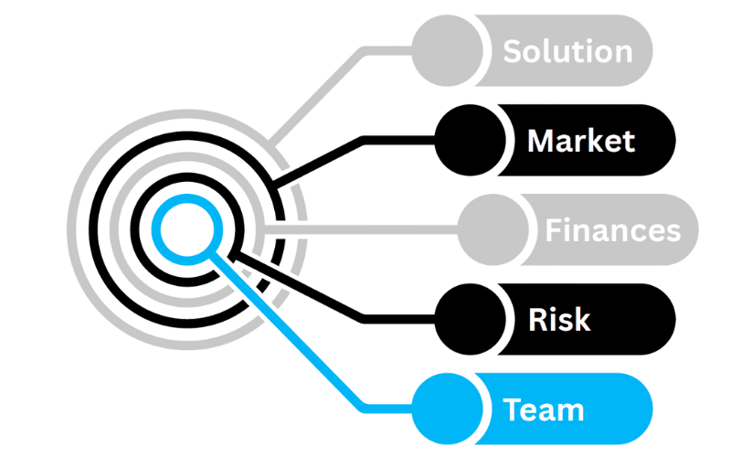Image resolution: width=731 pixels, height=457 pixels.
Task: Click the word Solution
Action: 567,50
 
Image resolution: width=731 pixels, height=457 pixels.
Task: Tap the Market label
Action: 581,141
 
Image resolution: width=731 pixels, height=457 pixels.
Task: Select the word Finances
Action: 613,229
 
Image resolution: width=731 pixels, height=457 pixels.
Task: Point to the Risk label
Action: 559,320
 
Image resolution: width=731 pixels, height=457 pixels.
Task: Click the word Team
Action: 544,409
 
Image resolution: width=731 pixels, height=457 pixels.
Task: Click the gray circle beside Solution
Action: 446,50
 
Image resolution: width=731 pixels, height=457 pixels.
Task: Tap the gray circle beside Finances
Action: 492,229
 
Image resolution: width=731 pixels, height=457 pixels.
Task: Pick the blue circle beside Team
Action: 447,409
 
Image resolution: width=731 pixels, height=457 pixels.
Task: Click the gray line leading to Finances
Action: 365,229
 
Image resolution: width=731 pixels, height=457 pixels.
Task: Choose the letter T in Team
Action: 513,409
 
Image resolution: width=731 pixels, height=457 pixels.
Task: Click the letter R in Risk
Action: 538,320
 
